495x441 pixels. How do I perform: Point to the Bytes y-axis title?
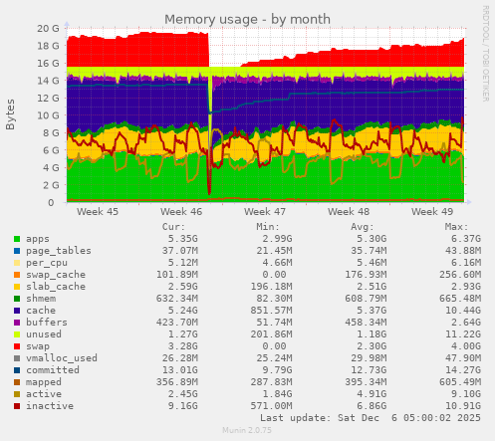(11, 113)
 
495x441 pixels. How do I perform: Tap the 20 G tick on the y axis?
(47, 28)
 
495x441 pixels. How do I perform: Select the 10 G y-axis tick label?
(47, 115)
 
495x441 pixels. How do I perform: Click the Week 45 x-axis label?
(97, 212)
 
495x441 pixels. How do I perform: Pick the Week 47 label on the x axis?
(265, 212)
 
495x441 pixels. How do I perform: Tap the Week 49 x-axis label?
(431, 212)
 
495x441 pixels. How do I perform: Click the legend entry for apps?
(38, 239)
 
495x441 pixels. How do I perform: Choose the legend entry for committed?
(53, 370)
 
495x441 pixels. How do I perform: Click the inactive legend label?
(50, 406)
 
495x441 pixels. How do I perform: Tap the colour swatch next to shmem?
(16, 299)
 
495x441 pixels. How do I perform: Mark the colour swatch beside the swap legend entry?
(16, 346)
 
